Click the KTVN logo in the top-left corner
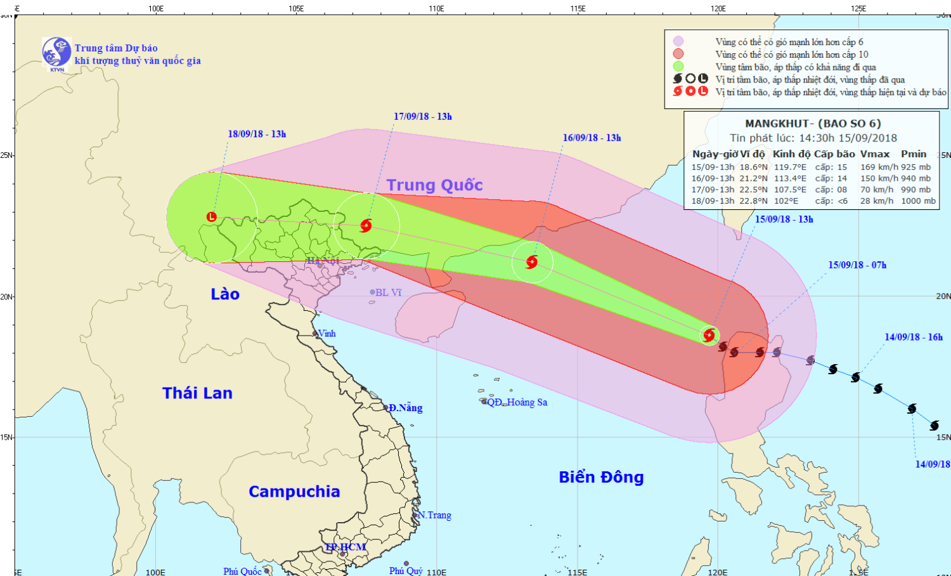(56, 53)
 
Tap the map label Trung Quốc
(434, 185)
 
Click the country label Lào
(225, 294)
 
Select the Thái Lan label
(197, 393)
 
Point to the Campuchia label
(294, 492)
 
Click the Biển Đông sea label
(601, 477)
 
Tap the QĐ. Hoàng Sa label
(517, 402)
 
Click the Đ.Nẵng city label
(406, 408)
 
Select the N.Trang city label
(435, 515)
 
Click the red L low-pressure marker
(212, 217)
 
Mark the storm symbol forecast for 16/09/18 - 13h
(532, 262)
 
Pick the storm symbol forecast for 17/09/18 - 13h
(366, 225)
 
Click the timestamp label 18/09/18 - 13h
(257, 134)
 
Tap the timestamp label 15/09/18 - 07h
(857, 265)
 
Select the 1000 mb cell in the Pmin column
(918, 201)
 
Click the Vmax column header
(874, 154)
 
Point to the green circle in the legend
(678, 67)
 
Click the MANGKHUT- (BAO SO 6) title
(813, 124)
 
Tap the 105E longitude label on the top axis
(296, 8)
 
